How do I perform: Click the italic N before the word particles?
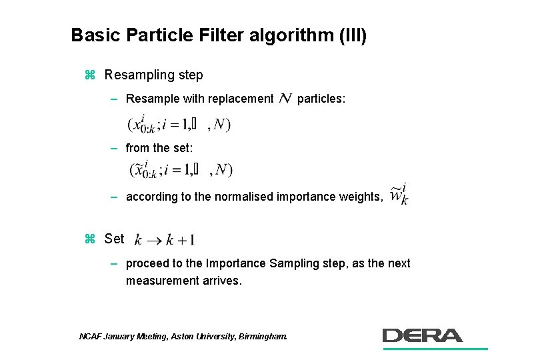point(285,99)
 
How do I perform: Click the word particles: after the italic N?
point(321,99)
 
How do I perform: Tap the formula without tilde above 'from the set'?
point(179,125)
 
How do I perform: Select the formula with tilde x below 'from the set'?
point(180,170)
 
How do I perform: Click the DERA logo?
point(423,335)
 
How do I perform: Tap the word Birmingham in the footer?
point(262,337)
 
